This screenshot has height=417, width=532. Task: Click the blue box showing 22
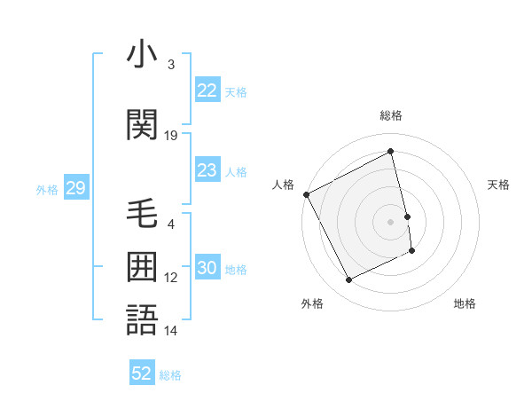pos(207,90)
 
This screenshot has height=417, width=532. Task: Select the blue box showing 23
pos(207,170)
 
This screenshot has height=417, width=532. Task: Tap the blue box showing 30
pos(207,268)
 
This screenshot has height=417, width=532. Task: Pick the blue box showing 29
pos(75,188)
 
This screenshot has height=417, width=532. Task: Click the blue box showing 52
pos(142,374)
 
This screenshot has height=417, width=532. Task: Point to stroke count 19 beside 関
pos(171,135)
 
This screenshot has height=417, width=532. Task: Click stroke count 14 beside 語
pos(171,331)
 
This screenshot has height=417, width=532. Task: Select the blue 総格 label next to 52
pos(170,374)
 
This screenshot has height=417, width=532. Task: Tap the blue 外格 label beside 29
pos(47,189)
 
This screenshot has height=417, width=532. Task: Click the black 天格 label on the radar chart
pos(498,185)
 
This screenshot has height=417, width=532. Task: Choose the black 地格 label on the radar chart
pos(465,303)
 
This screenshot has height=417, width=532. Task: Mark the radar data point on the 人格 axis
pos(306,194)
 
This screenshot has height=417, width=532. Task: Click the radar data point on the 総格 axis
pos(390,152)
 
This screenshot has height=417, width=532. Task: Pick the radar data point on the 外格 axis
pos(348,280)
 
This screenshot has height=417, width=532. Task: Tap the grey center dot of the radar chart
pos(390,221)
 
